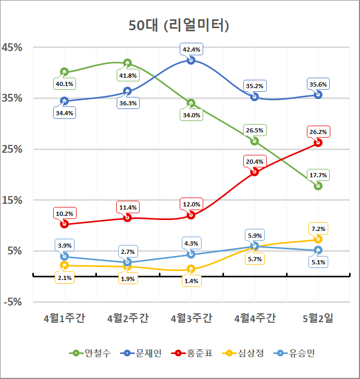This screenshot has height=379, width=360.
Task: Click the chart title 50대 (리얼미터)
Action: click(179, 25)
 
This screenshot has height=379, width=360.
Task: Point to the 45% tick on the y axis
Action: click(13, 47)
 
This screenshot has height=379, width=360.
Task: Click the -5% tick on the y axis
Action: click(13, 302)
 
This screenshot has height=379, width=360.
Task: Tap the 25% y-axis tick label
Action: click(13, 149)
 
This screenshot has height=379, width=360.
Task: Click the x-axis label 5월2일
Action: click(318, 319)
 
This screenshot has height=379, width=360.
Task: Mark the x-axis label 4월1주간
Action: click(64, 319)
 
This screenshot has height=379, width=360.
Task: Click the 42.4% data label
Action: click(191, 50)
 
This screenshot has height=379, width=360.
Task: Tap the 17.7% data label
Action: click(318, 175)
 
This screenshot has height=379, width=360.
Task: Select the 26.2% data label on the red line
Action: click(318, 132)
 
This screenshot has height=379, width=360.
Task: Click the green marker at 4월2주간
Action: click(128, 63)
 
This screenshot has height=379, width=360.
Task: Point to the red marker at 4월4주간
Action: click(255, 172)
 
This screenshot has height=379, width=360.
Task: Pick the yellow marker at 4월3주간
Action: click(191, 269)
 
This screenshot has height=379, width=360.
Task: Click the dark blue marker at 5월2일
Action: click(318, 94)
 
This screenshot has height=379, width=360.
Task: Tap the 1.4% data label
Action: click(191, 281)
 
